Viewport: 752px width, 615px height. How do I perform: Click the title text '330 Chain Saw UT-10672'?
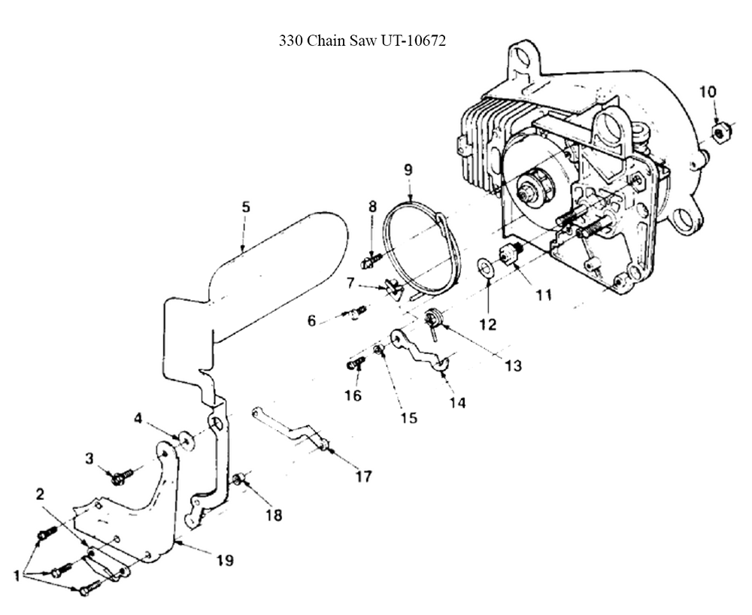pyautogui.click(x=362, y=42)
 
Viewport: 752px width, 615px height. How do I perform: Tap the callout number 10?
pyautogui.click(x=708, y=92)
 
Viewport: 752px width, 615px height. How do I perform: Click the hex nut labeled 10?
pyautogui.click(x=720, y=133)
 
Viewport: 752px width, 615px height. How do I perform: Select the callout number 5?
pyautogui.click(x=245, y=206)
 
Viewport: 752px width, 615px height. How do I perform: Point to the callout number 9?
pyautogui.click(x=408, y=170)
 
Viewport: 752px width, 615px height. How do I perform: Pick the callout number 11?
pyautogui.click(x=542, y=295)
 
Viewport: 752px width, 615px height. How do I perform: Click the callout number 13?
pyautogui.click(x=513, y=365)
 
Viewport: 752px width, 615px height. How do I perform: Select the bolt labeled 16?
pyautogui.click(x=355, y=364)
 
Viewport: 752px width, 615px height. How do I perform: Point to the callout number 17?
pyautogui.click(x=364, y=476)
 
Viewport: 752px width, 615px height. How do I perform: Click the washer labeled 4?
pyautogui.click(x=185, y=437)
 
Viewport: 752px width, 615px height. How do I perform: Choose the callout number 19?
pyautogui.click(x=224, y=560)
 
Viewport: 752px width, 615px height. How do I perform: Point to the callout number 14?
pyautogui.click(x=457, y=403)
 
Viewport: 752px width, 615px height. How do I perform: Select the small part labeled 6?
pyautogui.click(x=357, y=311)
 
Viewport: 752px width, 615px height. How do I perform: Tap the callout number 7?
pyautogui.click(x=350, y=283)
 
